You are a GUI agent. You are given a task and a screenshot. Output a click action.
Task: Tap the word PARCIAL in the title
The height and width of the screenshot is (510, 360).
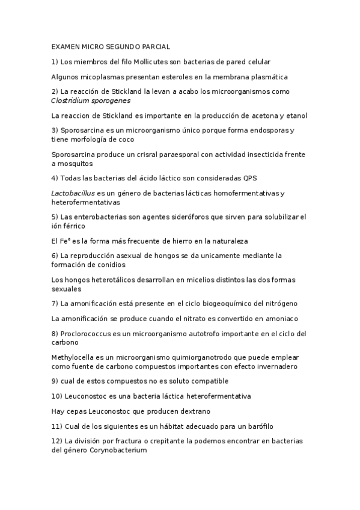point(156,46)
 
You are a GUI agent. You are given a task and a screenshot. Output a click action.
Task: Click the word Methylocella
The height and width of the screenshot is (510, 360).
point(75,357)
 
